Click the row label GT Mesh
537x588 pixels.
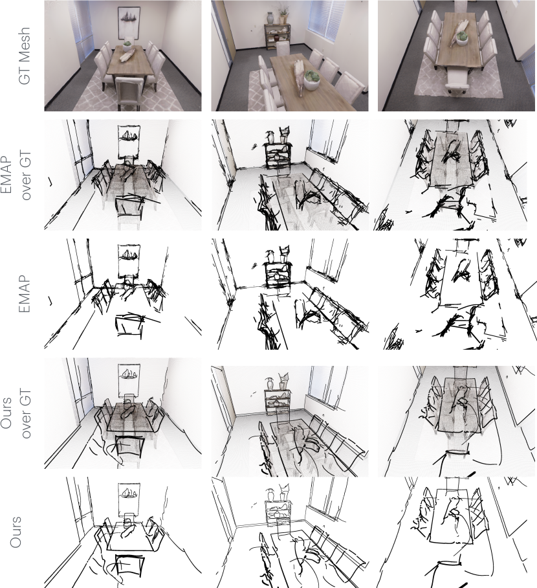coord(24,56)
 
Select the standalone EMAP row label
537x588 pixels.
coord(24,295)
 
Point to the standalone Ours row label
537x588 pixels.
coord(15,532)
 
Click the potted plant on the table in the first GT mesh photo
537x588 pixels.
coord(128,47)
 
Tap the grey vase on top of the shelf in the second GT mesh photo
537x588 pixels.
coord(271,18)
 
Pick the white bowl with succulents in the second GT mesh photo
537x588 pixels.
coord(311,80)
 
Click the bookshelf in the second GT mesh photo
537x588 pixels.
coord(278,36)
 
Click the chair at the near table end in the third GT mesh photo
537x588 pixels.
coord(457,82)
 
